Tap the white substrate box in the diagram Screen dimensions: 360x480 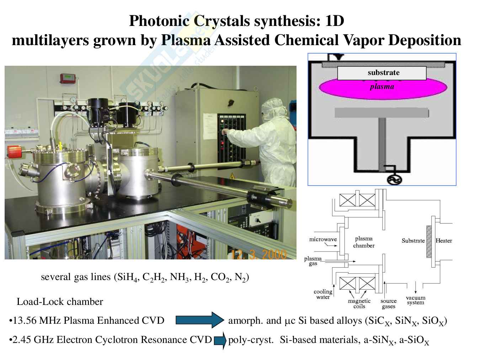382,73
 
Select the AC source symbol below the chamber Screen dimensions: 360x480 394,179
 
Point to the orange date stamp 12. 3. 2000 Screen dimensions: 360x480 258,254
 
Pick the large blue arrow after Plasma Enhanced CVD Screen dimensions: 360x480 199,320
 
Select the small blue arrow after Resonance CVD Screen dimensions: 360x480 220,340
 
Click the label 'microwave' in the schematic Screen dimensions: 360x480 323,239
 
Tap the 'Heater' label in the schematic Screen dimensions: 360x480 444,241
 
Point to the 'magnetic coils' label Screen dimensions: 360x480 359,303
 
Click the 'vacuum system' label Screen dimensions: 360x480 416,300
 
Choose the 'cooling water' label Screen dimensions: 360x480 323,294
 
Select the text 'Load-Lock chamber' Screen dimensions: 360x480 60,302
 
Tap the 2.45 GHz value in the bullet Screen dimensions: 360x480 23,340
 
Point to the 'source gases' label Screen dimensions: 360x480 388,303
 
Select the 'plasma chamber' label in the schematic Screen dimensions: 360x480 364,242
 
